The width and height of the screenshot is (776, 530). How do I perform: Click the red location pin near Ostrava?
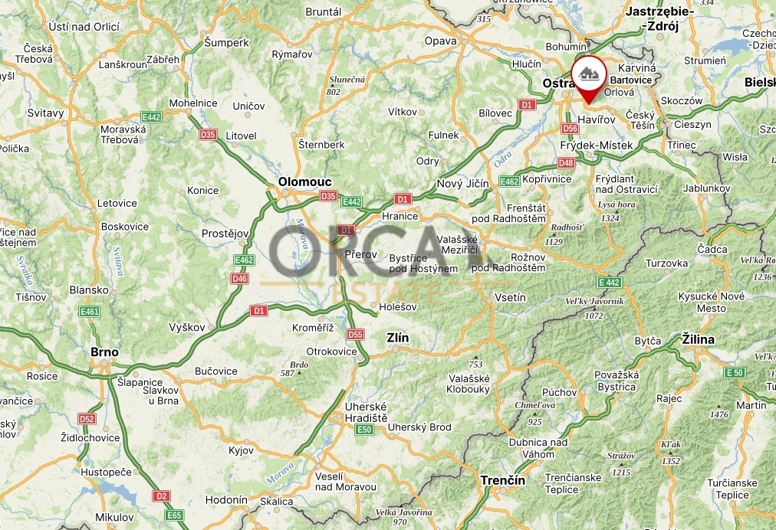tap(588, 76)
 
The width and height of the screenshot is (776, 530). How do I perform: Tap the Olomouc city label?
tap(305, 182)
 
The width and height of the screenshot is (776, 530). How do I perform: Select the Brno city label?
tap(104, 352)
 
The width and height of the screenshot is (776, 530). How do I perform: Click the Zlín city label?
tap(398, 338)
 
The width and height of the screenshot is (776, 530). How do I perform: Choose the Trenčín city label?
tap(502, 480)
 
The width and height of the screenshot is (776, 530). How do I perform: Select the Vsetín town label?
tap(511, 297)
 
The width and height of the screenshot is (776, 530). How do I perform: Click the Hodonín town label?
tap(226, 500)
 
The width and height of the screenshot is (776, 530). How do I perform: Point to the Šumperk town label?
tap(227, 43)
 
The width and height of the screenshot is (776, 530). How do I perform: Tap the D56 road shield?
tap(570, 129)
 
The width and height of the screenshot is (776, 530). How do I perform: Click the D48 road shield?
tap(566, 162)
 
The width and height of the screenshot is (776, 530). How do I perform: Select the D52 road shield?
tap(87, 419)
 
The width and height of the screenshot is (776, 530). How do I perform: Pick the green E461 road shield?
tap(89, 312)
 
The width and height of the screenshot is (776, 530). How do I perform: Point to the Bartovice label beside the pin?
tap(631, 79)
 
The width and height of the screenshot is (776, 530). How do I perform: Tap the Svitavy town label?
tap(45, 113)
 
